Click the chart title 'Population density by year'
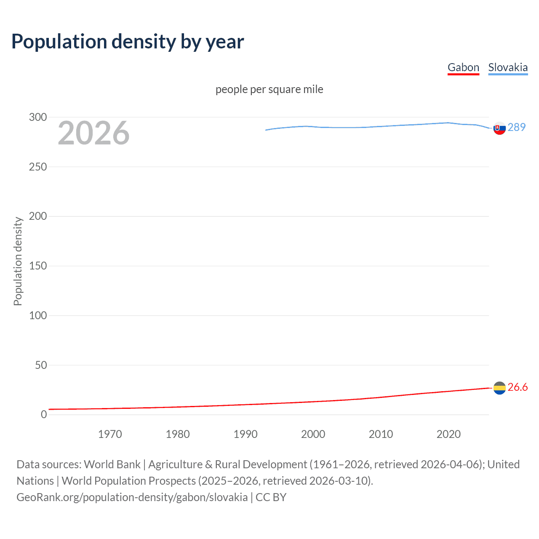tap(128, 42)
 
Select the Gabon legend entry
tap(463, 67)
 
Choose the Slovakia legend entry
tap(508, 67)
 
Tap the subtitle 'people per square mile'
tap(269, 89)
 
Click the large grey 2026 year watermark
tap(93, 133)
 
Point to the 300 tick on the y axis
tap(38, 117)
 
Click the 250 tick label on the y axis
tap(38, 167)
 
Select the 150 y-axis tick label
tap(38, 266)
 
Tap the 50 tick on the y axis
tap(41, 365)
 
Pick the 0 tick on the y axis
tap(44, 414)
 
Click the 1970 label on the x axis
tap(110, 434)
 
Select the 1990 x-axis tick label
tap(245, 434)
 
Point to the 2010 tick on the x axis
tap(381, 434)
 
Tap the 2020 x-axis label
tap(448, 434)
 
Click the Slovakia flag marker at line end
tap(499, 128)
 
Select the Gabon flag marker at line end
tap(499, 388)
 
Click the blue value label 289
tap(517, 127)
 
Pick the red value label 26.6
tap(518, 387)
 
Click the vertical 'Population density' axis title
tap(18, 261)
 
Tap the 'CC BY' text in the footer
tap(271, 497)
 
